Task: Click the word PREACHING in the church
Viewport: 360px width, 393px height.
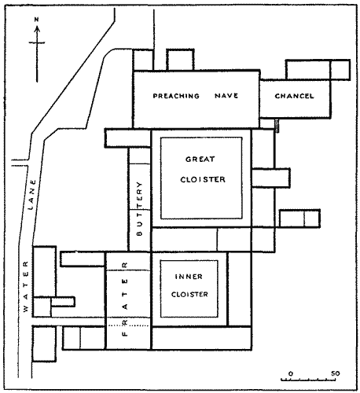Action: click(x=176, y=96)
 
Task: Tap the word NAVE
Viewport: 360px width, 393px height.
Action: click(x=226, y=96)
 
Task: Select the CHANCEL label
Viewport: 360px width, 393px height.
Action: click(x=294, y=96)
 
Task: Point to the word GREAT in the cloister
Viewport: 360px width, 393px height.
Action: click(x=200, y=159)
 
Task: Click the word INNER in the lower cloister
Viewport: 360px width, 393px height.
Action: click(x=189, y=277)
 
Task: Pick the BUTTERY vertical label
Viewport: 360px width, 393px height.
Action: click(x=139, y=208)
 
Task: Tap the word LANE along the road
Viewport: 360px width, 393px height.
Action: click(x=31, y=195)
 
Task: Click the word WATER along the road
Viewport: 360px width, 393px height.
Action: click(x=26, y=286)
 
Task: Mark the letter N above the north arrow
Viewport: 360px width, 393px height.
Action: click(x=37, y=20)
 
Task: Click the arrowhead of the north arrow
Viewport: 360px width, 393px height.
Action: click(x=37, y=29)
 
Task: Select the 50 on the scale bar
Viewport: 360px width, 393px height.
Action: click(x=335, y=373)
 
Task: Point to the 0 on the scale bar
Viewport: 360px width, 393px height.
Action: click(x=290, y=373)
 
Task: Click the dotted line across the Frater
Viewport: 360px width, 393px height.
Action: click(x=128, y=325)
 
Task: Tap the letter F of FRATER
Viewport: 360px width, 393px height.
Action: click(x=125, y=334)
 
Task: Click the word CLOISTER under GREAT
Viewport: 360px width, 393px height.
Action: click(x=203, y=179)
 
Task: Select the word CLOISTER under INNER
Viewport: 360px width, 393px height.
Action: click(x=189, y=295)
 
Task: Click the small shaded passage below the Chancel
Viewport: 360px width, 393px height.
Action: click(x=277, y=125)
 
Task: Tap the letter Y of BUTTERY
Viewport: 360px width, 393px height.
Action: click(x=139, y=184)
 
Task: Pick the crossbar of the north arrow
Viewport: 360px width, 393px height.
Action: click(x=37, y=42)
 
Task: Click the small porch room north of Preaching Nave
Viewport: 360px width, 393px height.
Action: click(x=180, y=60)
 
